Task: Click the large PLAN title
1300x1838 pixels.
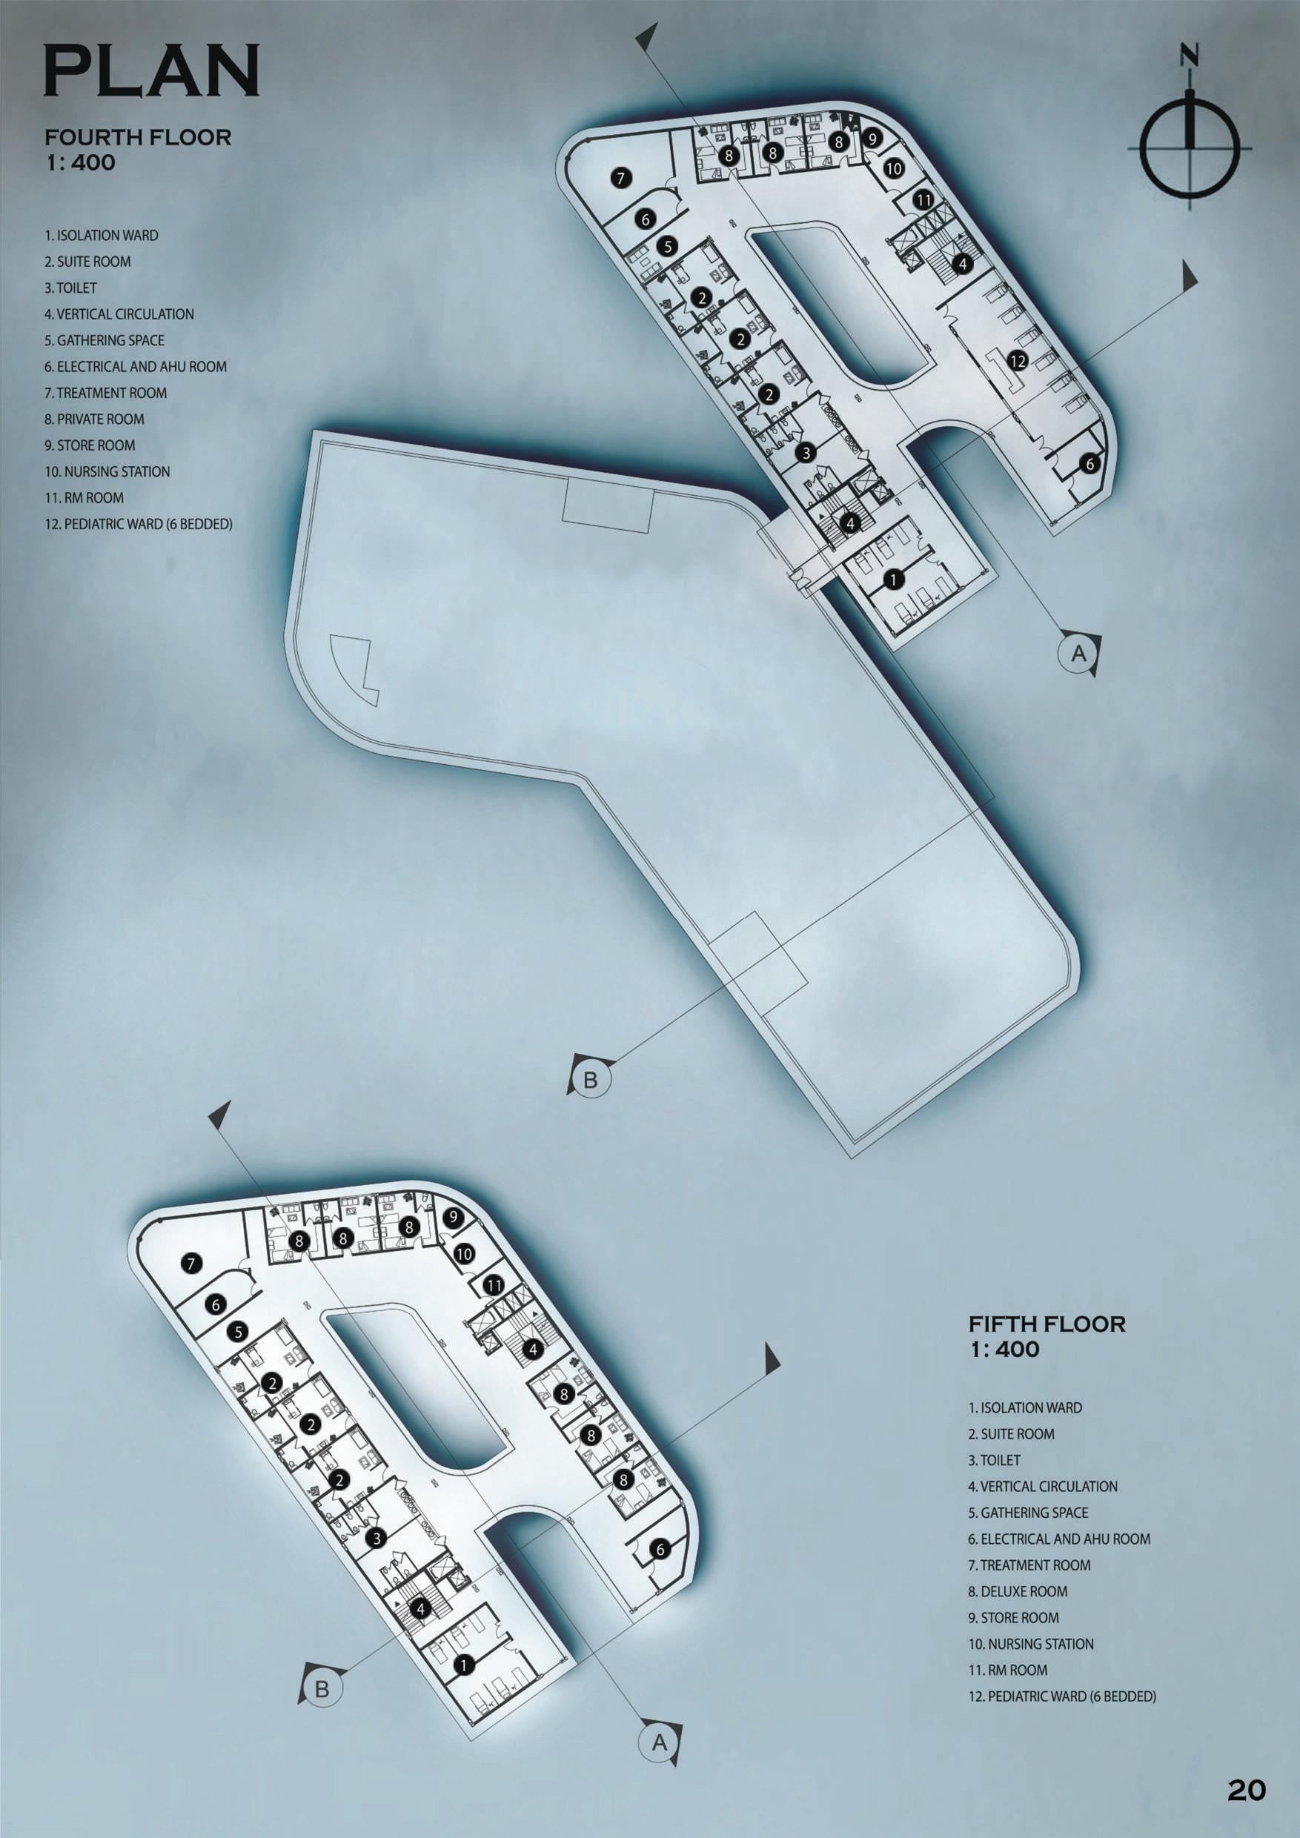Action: pos(151,70)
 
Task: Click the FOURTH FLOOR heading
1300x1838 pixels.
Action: pos(138,137)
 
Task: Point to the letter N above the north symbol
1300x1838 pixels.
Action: pos(1190,56)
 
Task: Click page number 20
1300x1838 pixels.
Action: pos(1247,1790)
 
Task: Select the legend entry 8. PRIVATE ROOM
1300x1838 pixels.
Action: pos(94,419)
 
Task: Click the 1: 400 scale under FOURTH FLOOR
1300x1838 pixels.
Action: pos(81,162)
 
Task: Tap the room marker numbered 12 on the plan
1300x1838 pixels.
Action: pos(1018,361)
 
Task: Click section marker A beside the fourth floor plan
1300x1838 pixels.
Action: pos(1078,653)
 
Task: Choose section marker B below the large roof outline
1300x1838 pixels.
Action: pos(590,1080)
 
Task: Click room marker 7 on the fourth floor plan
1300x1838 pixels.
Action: pos(621,178)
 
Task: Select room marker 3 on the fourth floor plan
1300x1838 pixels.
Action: pos(806,452)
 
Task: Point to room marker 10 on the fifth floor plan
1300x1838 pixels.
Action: pos(464,1255)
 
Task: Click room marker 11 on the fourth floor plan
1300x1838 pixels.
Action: pos(923,199)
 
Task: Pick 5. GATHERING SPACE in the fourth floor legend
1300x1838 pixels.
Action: pos(104,340)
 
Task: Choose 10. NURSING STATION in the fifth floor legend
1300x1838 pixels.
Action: pos(1031,1644)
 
